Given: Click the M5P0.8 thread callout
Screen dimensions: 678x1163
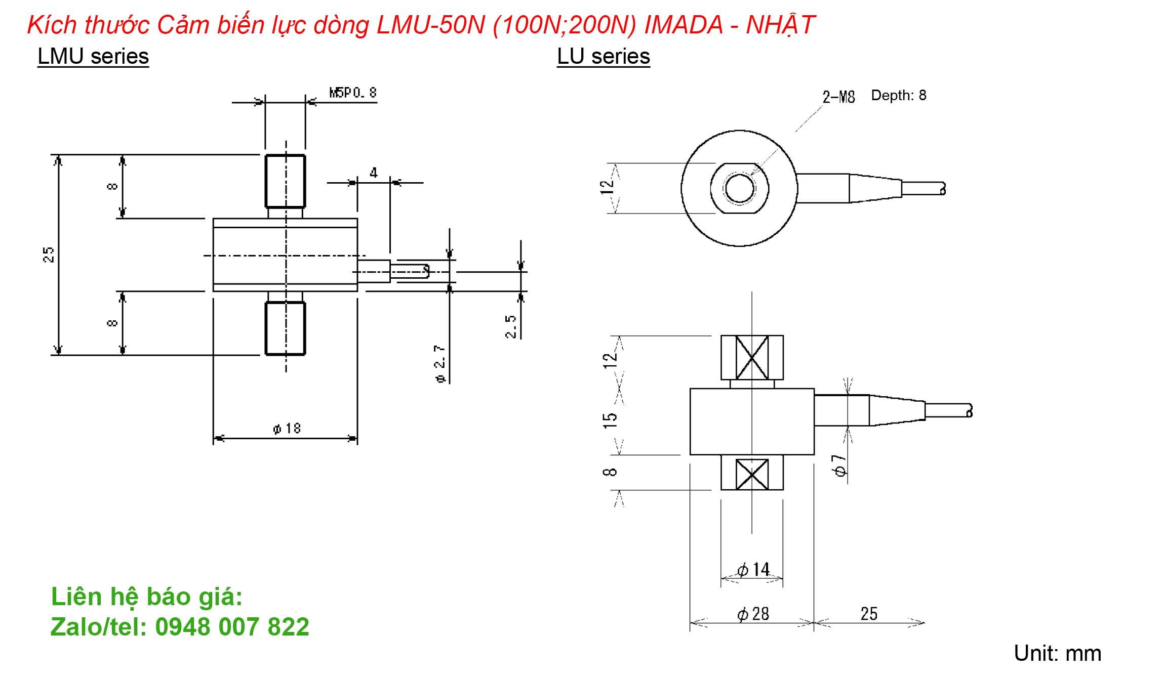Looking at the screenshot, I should pyautogui.click(x=353, y=93).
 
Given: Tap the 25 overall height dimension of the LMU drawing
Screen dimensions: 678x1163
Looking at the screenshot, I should pyautogui.click(x=49, y=254).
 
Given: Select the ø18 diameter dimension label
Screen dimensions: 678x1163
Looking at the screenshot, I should pyautogui.click(x=287, y=429).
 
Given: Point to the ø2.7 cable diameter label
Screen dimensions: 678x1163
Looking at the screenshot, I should pyautogui.click(x=440, y=363).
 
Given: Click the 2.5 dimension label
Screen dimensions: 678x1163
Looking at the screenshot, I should pyautogui.click(x=511, y=326).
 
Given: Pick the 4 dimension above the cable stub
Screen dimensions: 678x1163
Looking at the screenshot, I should pyautogui.click(x=374, y=173).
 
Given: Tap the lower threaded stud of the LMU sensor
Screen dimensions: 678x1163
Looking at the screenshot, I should pyautogui.click(x=285, y=328).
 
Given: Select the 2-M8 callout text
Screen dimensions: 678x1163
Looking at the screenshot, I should pyautogui.click(x=838, y=97).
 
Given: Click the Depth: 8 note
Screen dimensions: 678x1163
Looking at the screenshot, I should pyautogui.click(x=898, y=95).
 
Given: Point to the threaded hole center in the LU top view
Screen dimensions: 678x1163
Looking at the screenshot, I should pyautogui.click(x=739, y=188).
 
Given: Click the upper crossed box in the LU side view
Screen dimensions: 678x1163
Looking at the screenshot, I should pyautogui.click(x=752, y=357).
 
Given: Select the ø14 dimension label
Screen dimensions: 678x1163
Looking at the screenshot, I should pyautogui.click(x=753, y=570).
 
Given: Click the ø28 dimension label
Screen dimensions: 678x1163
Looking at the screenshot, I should pyautogui.click(x=753, y=614).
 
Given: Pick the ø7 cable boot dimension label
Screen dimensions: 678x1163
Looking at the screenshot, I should pyautogui.click(x=839, y=465).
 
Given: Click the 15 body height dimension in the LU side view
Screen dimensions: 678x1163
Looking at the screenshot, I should pyautogui.click(x=611, y=419).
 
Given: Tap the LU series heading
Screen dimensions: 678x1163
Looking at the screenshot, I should pyautogui.click(x=603, y=56).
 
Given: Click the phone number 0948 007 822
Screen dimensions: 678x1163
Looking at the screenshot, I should pyautogui.click(x=232, y=627).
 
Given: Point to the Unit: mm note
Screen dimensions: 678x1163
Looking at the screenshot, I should pyautogui.click(x=1057, y=653).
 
